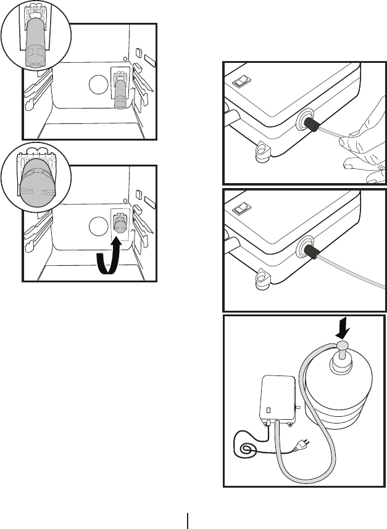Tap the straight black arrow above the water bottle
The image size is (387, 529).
[x=341, y=329]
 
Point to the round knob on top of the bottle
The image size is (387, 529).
[x=341, y=346]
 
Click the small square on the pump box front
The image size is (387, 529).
[x=269, y=409]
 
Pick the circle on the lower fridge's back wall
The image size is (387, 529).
[x=97, y=226]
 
